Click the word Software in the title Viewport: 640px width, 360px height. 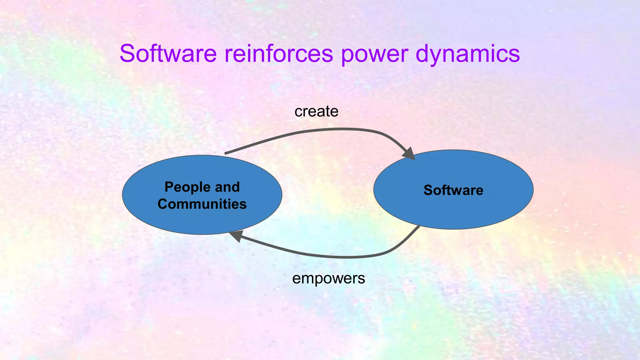[x=168, y=53]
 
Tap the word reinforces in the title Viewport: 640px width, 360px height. [x=279, y=53]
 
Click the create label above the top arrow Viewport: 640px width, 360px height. [x=316, y=112]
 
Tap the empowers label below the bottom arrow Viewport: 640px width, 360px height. [x=328, y=278]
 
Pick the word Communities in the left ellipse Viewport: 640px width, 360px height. [x=202, y=204]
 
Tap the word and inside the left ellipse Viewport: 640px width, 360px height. [x=227, y=187]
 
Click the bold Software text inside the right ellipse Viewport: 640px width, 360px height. [x=453, y=190]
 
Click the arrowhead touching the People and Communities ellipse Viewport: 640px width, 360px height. [x=236, y=236]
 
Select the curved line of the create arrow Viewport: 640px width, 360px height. [x=312, y=131]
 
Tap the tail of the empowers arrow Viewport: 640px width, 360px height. [x=418, y=227]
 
